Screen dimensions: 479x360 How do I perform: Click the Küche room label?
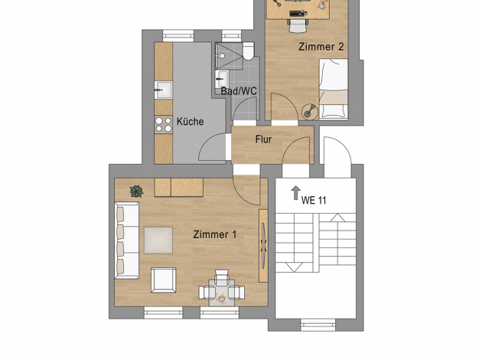(x=190, y=122)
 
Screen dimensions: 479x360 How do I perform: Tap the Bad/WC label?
(x=239, y=91)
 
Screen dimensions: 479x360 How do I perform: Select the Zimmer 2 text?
(x=321, y=47)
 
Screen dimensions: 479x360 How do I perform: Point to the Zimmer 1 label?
(x=215, y=234)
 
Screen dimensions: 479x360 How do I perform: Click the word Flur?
(x=263, y=139)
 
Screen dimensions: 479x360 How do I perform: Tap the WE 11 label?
(x=314, y=201)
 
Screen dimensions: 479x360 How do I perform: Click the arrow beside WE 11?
(x=295, y=193)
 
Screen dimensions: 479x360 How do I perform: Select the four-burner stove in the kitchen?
(x=164, y=125)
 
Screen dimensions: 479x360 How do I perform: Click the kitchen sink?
(x=163, y=90)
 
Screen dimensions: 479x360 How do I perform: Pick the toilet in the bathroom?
(x=249, y=51)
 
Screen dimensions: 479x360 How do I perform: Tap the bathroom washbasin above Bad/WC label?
(x=222, y=79)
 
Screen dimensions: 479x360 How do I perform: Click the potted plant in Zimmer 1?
(x=136, y=191)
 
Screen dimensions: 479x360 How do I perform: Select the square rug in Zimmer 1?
(x=158, y=240)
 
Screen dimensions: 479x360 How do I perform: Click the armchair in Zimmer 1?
(x=164, y=280)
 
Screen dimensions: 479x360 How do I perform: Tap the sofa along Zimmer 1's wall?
(x=127, y=240)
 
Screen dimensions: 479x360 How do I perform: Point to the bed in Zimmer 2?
(x=334, y=89)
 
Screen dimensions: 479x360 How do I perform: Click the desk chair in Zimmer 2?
(x=298, y=25)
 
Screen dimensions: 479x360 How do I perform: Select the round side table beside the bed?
(x=310, y=111)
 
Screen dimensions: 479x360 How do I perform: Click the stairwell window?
(x=318, y=325)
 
